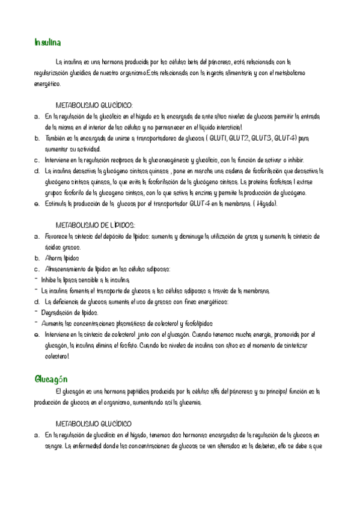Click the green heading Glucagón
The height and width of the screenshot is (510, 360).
tap(50, 379)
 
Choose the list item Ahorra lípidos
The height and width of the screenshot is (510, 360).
tap(62, 258)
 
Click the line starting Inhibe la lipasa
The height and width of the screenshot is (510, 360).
tap(85, 280)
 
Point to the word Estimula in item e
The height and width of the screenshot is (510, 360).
tap(58, 204)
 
